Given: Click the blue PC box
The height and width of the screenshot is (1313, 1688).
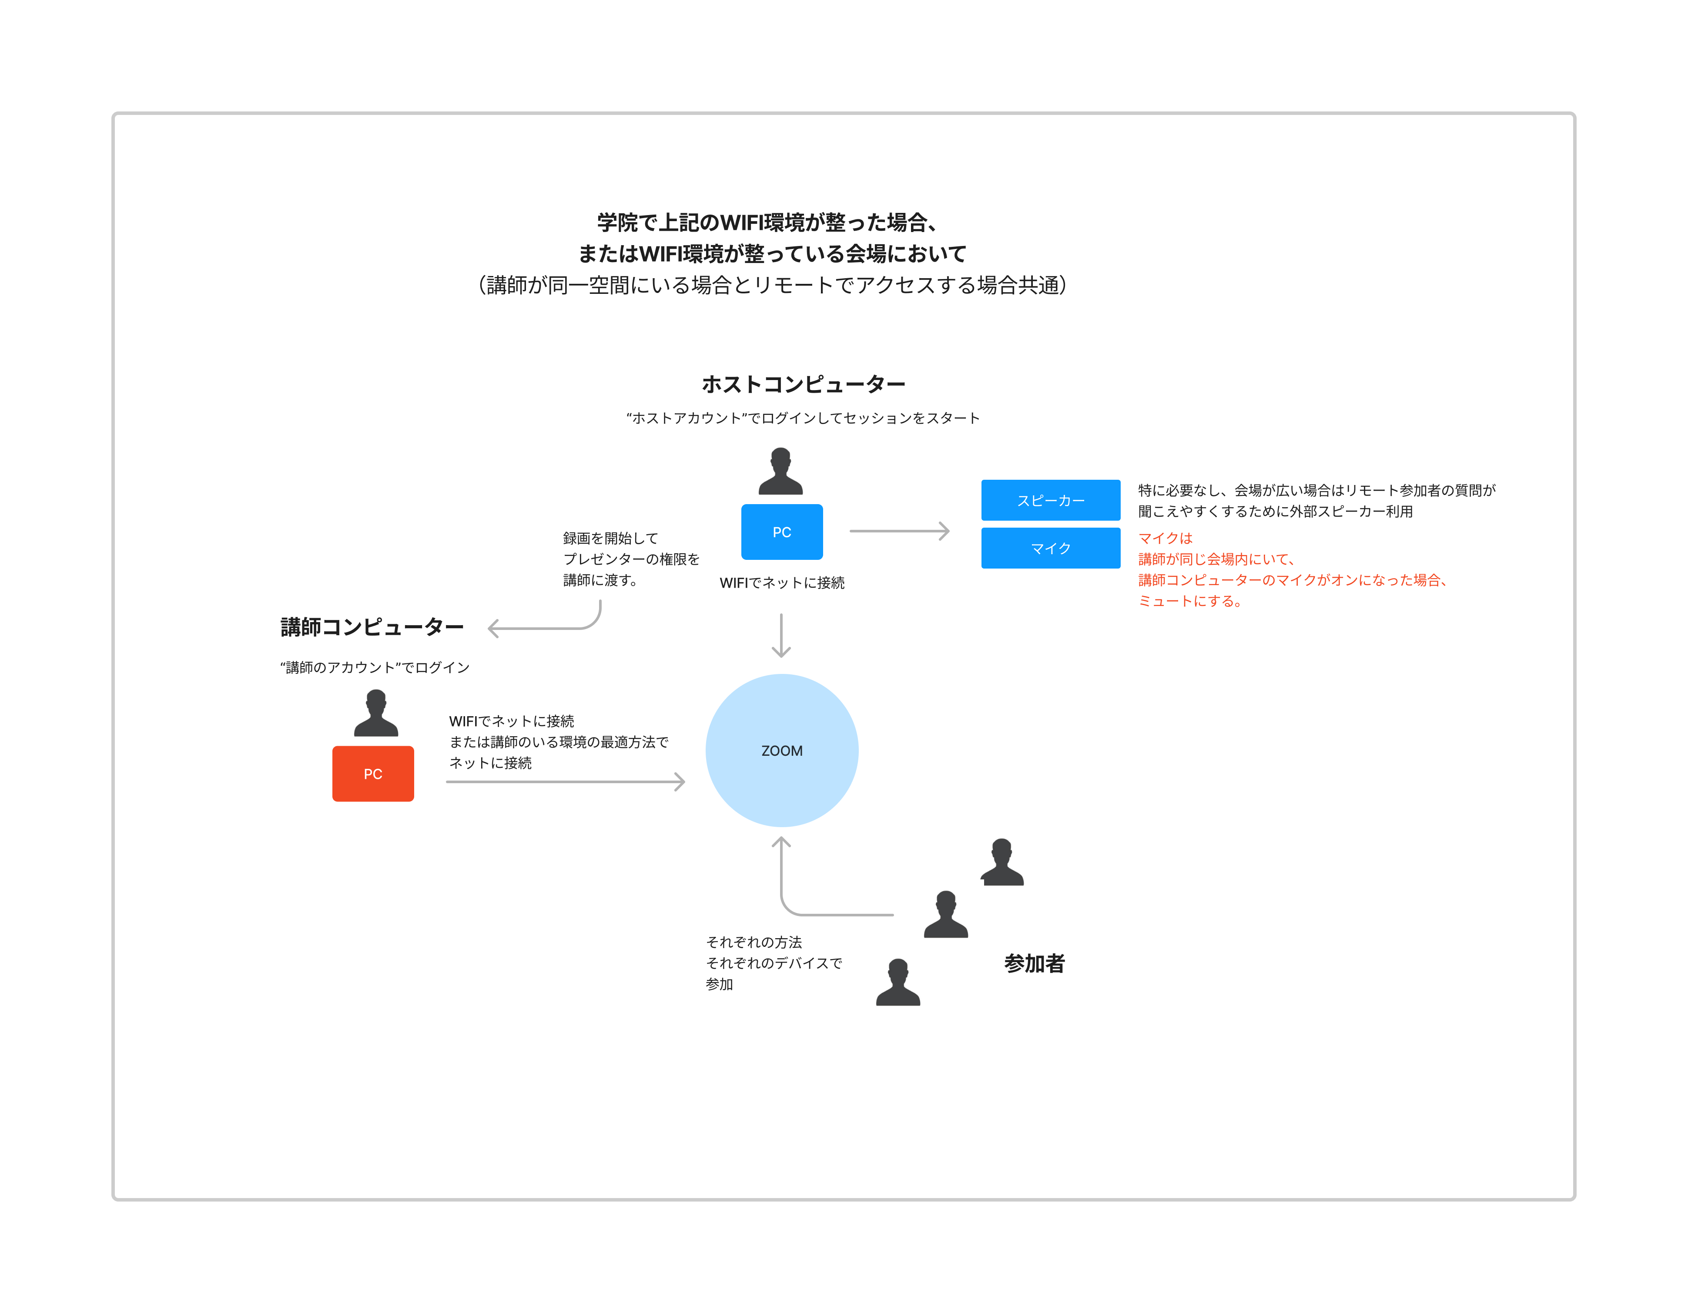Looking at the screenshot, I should click(781, 532).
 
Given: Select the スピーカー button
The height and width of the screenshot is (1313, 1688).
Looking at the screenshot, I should click(1050, 500).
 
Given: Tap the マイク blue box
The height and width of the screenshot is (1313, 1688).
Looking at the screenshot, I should click(1050, 548).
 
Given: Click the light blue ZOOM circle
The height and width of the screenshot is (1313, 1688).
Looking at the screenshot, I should click(781, 750).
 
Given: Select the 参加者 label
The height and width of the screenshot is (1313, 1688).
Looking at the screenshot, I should click(1034, 963).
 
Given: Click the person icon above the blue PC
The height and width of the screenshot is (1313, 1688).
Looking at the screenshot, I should click(780, 471).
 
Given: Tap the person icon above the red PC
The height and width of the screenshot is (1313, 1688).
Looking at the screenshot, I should click(375, 713).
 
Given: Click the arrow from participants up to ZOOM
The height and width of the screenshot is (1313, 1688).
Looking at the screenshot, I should click(804, 905).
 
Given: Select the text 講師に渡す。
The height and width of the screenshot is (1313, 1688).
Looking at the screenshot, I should click(600, 580).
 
